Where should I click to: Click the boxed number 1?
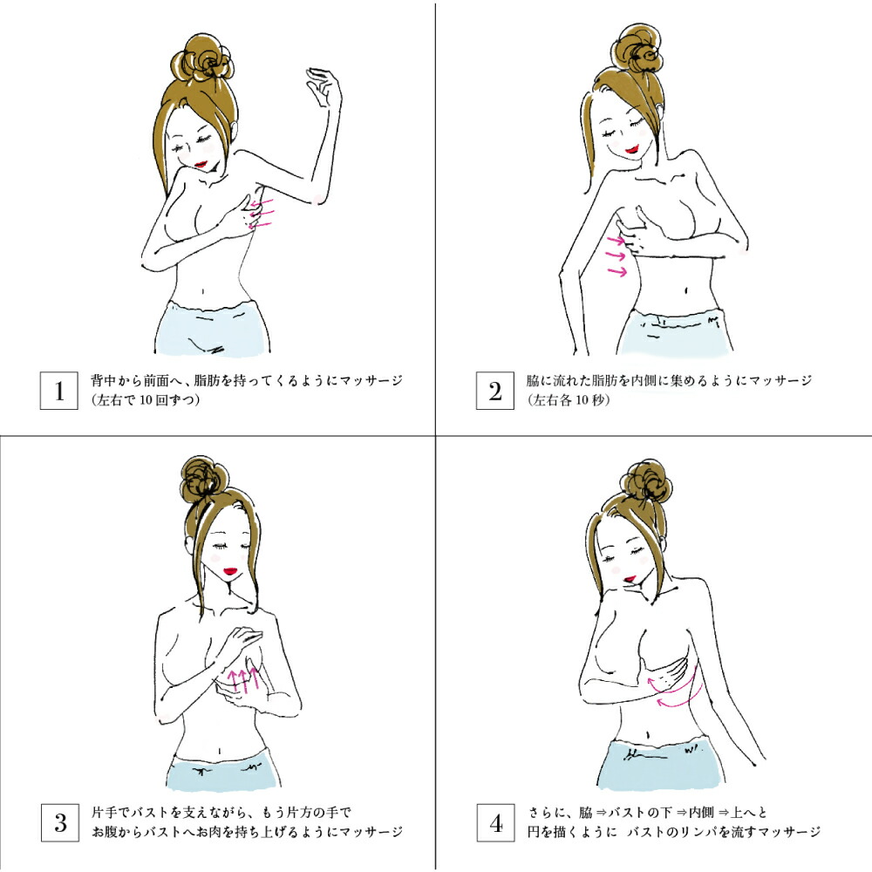[59, 391]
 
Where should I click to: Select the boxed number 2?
[495, 391]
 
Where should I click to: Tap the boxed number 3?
[61, 822]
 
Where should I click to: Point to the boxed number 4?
[495, 822]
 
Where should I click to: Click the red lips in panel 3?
[229, 571]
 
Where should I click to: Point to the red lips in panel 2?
[631, 149]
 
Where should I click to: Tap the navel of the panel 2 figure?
[685, 290]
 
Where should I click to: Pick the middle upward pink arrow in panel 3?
[243, 679]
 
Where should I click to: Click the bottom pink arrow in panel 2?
[617, 271]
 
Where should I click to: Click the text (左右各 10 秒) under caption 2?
[568, 400]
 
